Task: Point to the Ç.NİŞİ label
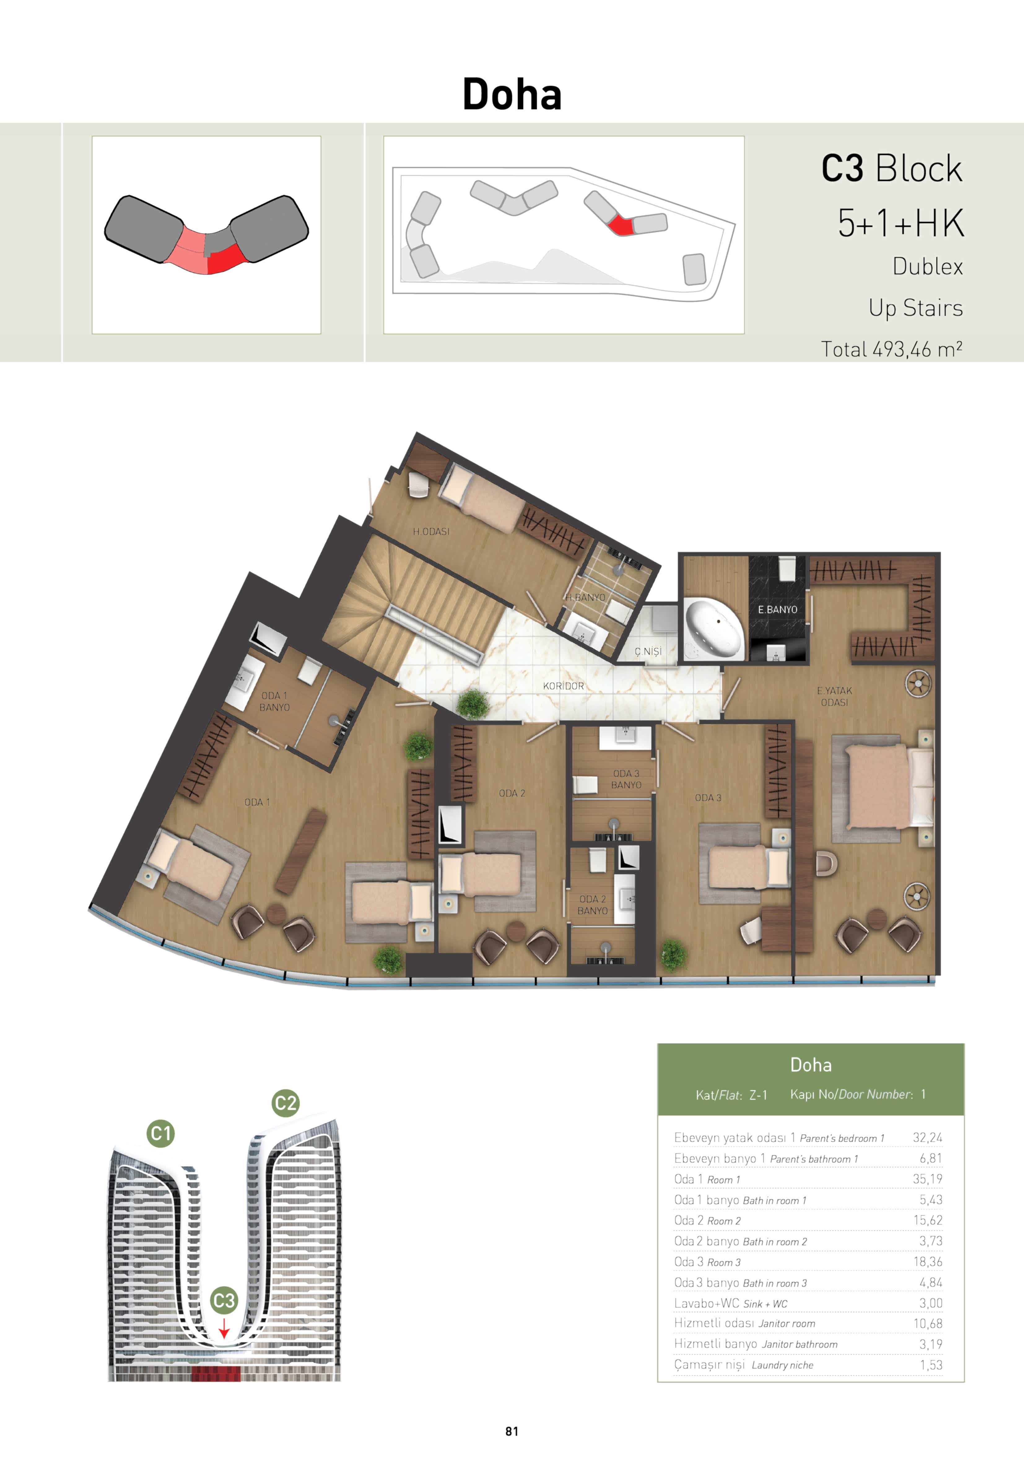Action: [x=648, y=651]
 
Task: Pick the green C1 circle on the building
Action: [x=161, y=1133]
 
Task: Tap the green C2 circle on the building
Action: [x=285, y=1103]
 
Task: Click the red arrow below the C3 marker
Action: [x=224, y=1329]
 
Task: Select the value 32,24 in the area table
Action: [x=927, y=1138]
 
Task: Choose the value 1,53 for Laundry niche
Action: [x=931, y=1365]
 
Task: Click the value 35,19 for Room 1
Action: [x=927, y=1179]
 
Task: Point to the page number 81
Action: [x=512, y=1431]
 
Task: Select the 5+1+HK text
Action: [x=900, y=223]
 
